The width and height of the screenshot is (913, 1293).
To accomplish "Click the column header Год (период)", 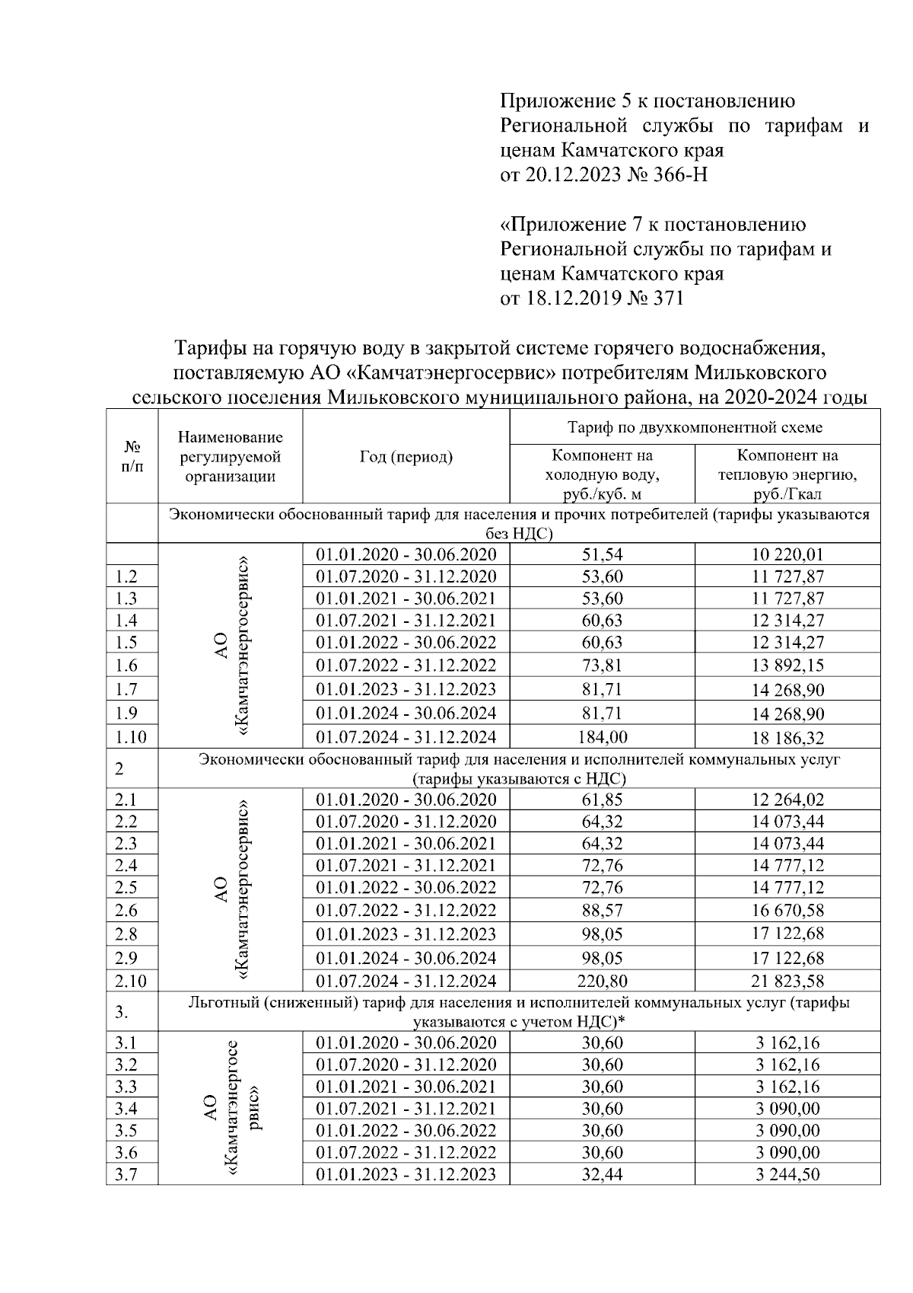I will pos(406,456).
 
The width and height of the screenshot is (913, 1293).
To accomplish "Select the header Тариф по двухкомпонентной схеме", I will pos(695,427).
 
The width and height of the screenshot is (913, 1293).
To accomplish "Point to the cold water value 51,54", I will pos(602,554).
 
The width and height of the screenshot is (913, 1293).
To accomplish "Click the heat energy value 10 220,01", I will pos(787,554).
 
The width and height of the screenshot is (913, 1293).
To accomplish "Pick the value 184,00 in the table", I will pos(602,736).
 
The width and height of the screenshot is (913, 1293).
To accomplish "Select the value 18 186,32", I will pos(787,737).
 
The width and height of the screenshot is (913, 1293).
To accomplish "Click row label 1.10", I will pos(131,737).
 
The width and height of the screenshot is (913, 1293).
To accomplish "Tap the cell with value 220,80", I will pos(602,981).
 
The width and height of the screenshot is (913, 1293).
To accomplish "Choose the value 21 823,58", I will pos(787,981).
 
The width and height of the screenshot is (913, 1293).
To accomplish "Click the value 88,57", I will pos(602,910).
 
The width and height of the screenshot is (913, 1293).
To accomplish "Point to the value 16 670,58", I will pos(787,910).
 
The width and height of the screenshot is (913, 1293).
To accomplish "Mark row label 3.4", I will pos(126,1108).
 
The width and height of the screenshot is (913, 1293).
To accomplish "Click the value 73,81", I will pos(602,666).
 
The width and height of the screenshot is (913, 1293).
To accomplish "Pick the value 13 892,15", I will pos(787,666).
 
